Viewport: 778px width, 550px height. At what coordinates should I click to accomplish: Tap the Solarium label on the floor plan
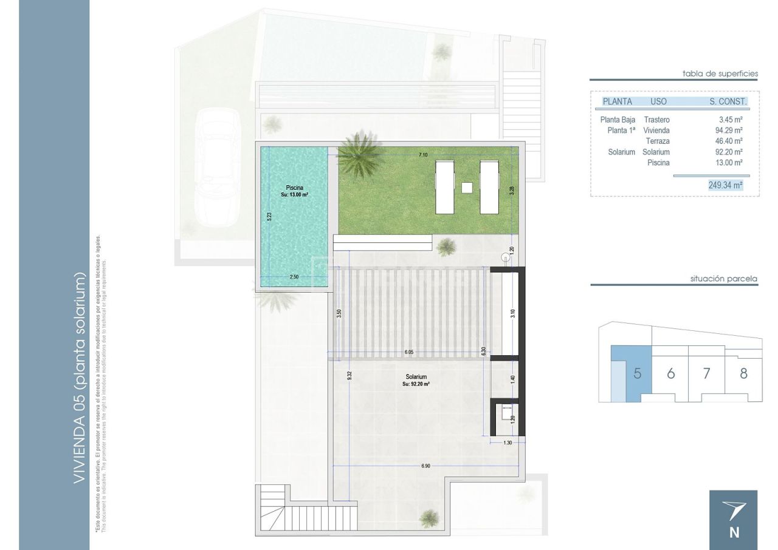[416, 377]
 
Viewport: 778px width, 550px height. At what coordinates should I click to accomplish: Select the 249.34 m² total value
[725, 185]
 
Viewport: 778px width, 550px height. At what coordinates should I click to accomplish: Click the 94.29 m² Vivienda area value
[729, 131]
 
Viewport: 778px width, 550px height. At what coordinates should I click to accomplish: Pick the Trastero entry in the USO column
[656, 120]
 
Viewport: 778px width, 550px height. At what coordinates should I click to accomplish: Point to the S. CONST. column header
[728, 101]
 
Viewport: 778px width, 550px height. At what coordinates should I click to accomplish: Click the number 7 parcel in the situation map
[706, 373]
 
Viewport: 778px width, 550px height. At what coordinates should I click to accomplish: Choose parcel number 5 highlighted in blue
[637, 373]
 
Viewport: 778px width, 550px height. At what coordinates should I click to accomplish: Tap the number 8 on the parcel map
[743, 373]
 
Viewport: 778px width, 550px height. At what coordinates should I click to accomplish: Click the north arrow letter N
[734, 533]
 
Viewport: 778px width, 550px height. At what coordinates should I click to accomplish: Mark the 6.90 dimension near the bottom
[425, 466]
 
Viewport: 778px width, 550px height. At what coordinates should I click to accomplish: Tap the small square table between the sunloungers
[467, 188]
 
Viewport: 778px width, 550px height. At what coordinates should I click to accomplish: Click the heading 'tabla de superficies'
[720, 73]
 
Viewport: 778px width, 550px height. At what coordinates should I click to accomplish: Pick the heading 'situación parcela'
[724, 279]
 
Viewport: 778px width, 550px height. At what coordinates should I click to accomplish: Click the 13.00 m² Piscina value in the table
[729, 163]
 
